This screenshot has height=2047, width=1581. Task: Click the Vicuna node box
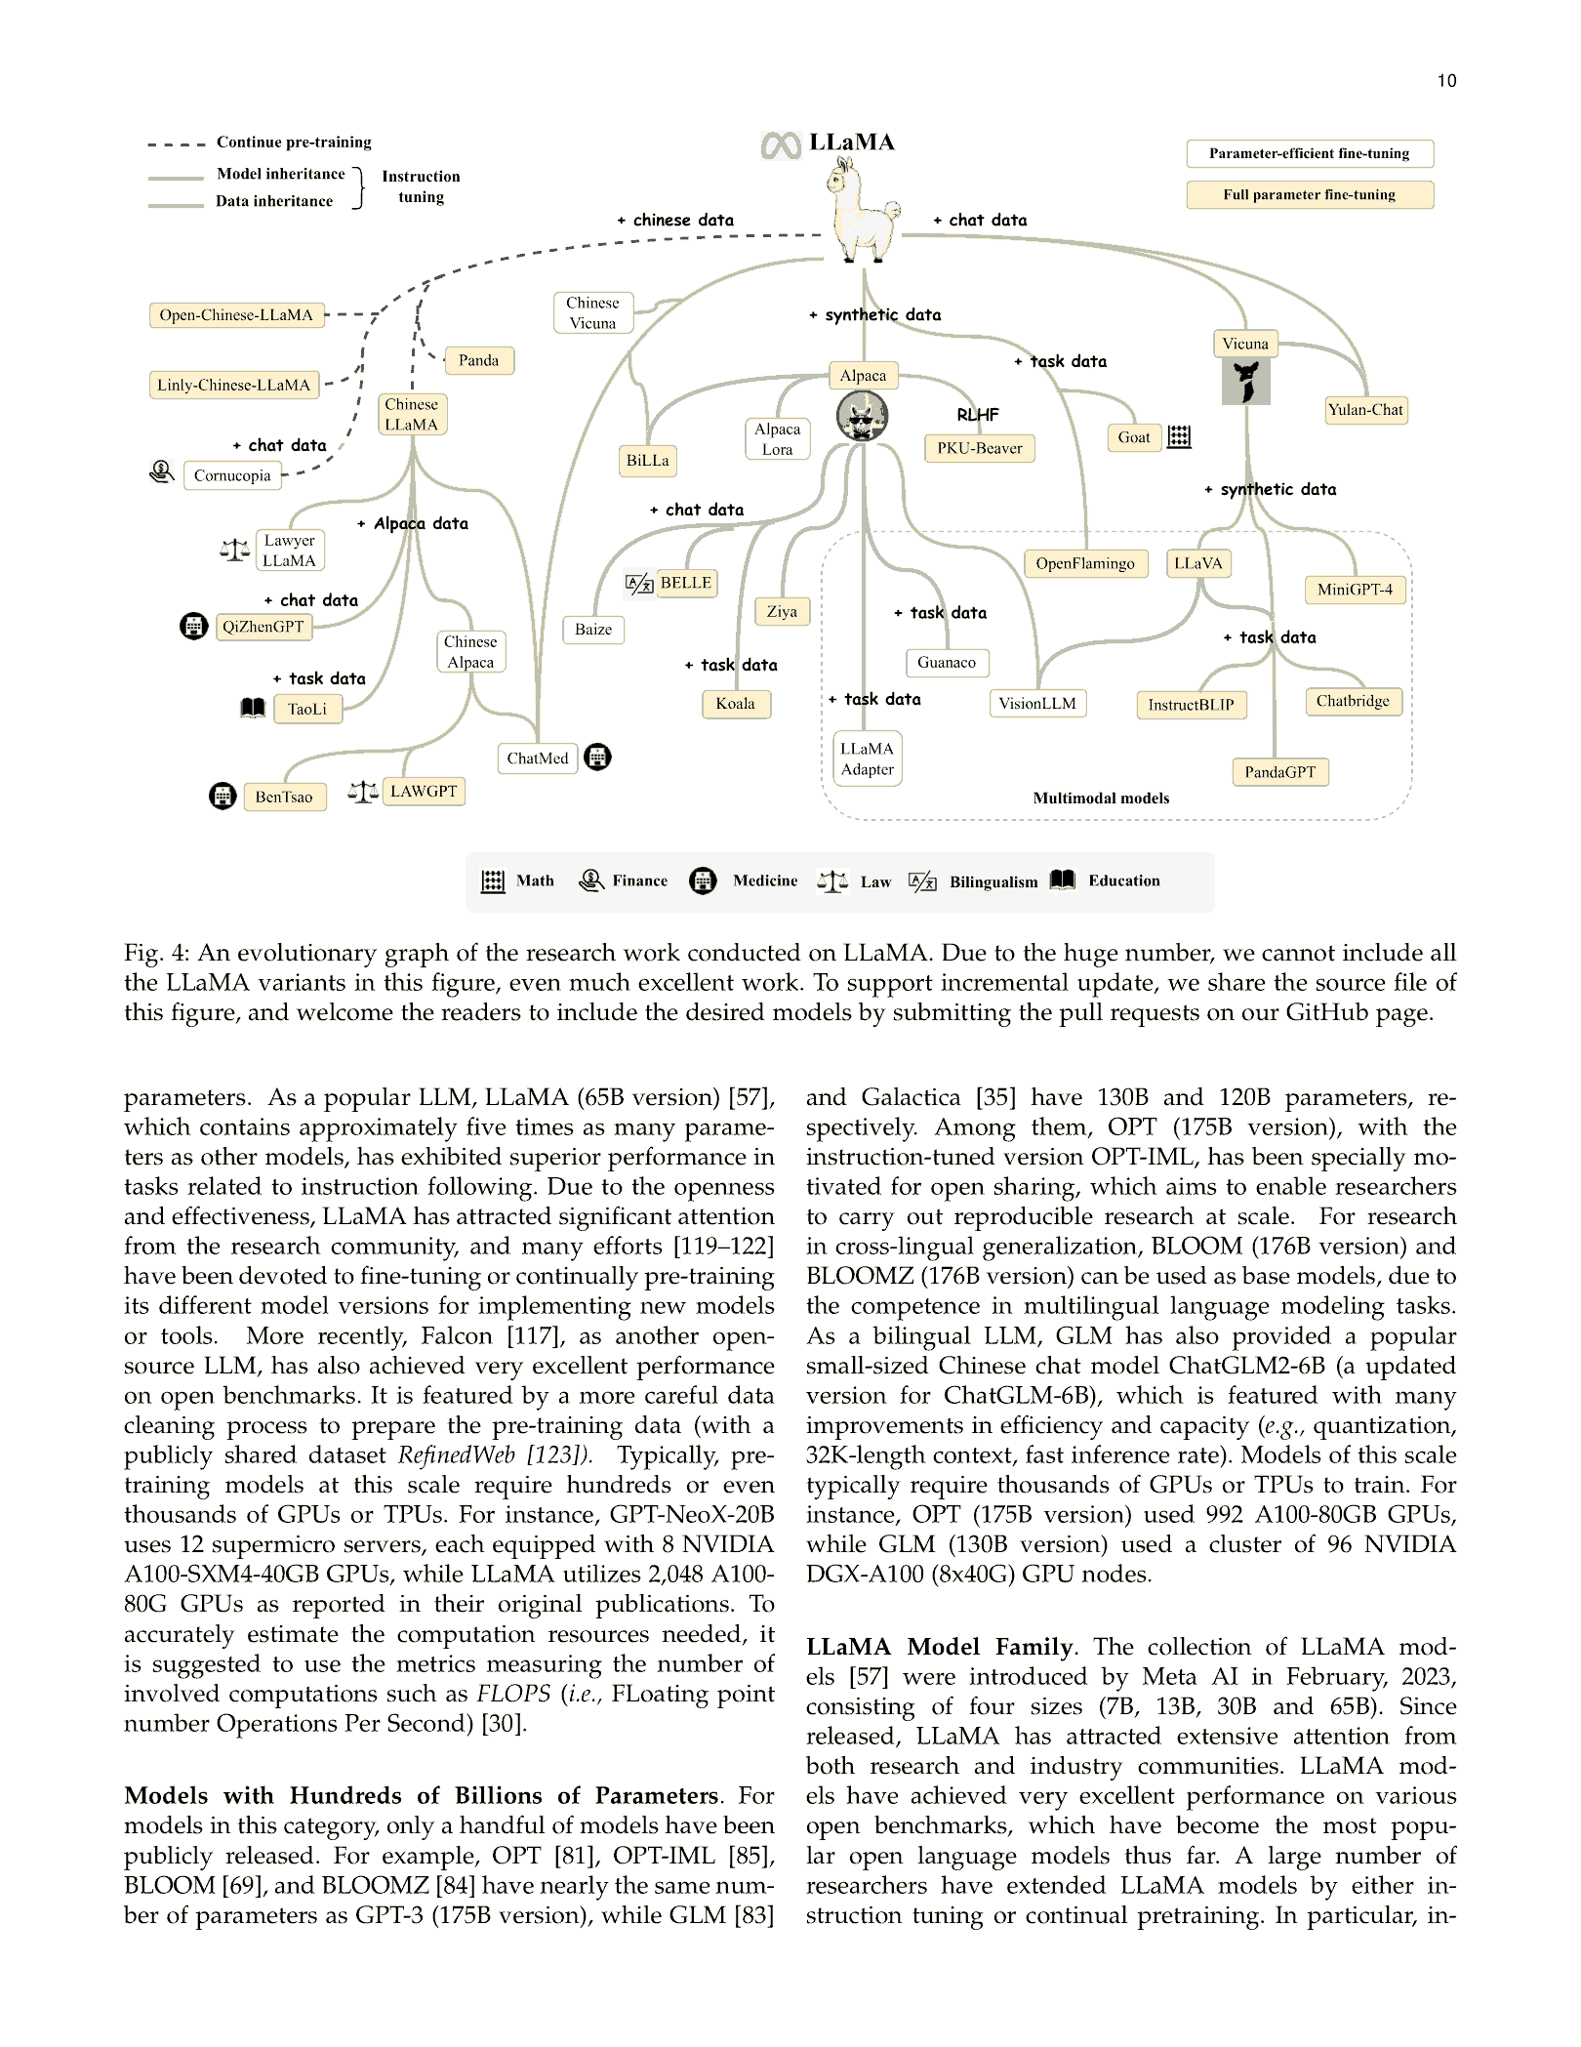tap(1245, 344)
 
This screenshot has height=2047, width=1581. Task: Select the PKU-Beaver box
tap(979, 448)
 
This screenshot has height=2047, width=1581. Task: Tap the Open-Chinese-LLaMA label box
tap(236, 315)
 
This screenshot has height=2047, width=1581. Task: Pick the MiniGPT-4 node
tap(1355, 590)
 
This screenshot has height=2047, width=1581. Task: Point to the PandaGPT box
tap(1279, 772)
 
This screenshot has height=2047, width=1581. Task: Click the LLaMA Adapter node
tap(867, 758)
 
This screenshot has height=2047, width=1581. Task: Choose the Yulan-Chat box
tap(1365, 410)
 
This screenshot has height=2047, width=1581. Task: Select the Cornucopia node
tap(232, 475)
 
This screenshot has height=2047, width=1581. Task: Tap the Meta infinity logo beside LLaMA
tap(781, 145)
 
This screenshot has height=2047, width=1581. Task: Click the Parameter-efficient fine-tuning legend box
tap(1309, 153)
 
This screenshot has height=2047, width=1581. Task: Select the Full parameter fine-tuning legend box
tap(1309, 194)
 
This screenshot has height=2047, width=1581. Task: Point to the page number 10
tap(1446, 81)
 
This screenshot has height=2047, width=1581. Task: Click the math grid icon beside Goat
tap(1179, 436)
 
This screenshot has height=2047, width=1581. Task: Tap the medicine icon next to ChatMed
tap(597, 757)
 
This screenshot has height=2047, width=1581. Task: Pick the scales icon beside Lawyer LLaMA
tap(234, 551)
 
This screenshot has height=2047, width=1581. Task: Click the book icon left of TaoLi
tap(253, 708)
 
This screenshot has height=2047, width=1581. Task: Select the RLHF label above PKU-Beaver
tap(977, 415)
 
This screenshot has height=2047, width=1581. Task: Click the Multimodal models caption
tap(1101, 798)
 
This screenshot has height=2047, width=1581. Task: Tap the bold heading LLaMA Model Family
tap(940, 1647)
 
